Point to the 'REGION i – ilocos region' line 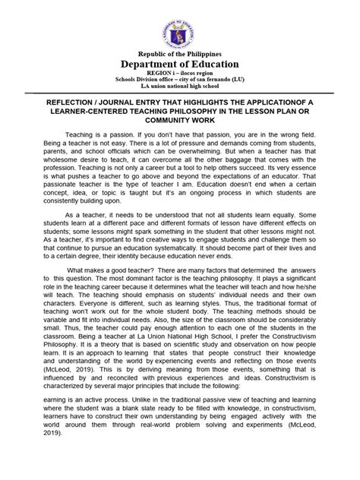click(180, 78)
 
